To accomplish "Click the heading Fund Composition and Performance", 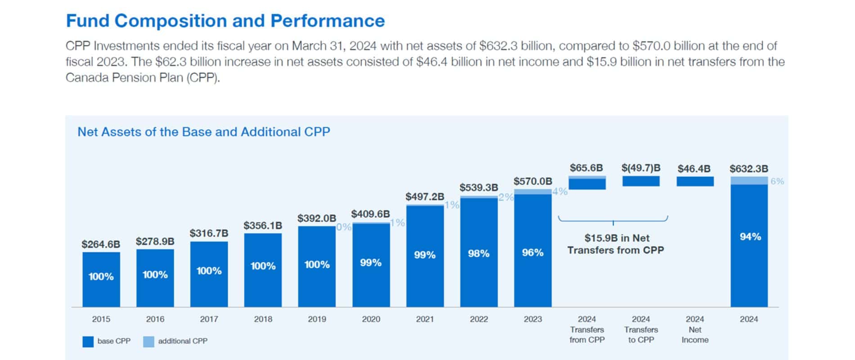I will click(x=225, y=21).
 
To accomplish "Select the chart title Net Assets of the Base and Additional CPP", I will click(x=203, y=132).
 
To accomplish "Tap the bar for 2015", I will click(x=101, y=279).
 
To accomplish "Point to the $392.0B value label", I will click(x=316, y=218).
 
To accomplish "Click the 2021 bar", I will click(x=425, y=256).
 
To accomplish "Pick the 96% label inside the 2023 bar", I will click(x=532, y=253).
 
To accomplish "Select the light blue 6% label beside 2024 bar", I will click(x=777, y=181).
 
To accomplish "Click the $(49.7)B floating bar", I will click(x=641, y=181).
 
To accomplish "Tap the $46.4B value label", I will click(x=694, y=169).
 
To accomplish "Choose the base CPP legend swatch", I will click(x=88, y=342).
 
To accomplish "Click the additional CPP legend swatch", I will click(x=148, y=342).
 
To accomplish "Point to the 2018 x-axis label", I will click(x=263, y=319).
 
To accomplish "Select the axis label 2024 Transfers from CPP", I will click(x=587, y=329).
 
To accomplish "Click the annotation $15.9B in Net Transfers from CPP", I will click(x=615, y=244).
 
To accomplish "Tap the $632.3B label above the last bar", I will click(x=749, y=169).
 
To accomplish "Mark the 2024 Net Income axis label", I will click(x=695, y=329).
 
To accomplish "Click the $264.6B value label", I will click(x=101, y=244).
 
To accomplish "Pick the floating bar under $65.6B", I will click(x=587, y=183).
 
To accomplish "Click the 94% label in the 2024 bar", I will click(x=750, y=237).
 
